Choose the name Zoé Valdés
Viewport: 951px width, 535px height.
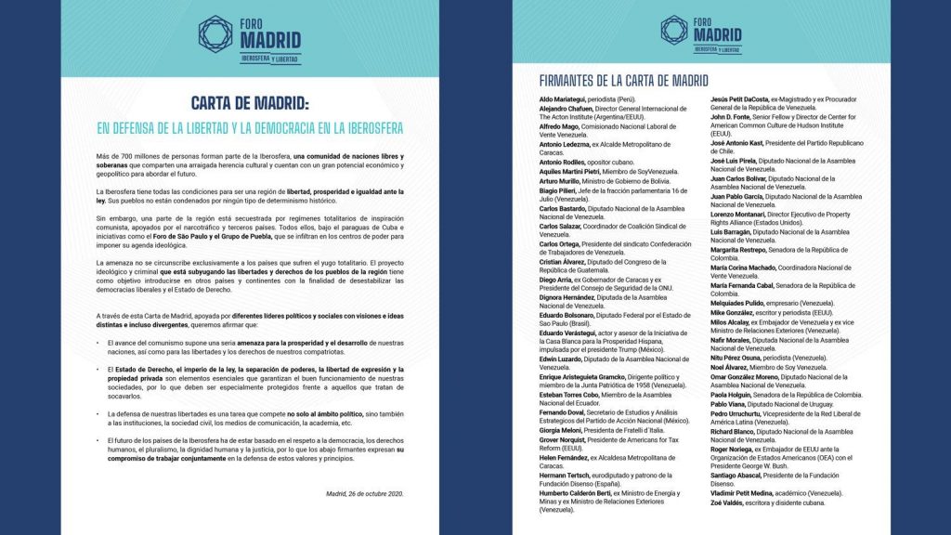(x=727, y=502)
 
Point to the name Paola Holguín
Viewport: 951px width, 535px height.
(x=732, y=396)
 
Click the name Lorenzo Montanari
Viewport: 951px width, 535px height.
(x=741, y=215)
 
